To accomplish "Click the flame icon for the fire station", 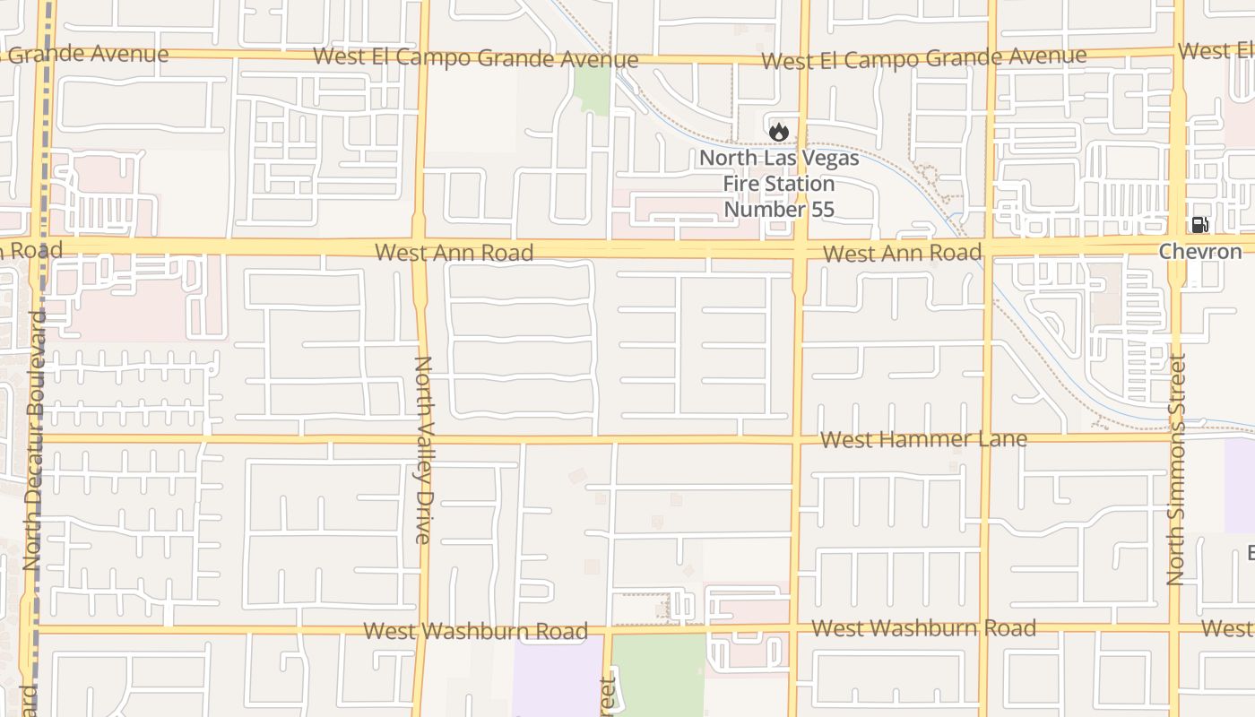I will tap(778, 132).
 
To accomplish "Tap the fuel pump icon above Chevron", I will tap(1199, 225).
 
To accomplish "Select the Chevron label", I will tap(1200, 252).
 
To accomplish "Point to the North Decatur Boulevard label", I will tap(33, 440).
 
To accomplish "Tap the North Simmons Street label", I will tap(1176, 469).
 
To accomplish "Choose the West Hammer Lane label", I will tap(923, 439).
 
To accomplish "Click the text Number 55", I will tap(778, 210).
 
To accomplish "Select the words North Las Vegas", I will tap(778, 159).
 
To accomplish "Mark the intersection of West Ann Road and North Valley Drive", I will tap(420, 247).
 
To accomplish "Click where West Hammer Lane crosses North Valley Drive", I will tap(422, 439).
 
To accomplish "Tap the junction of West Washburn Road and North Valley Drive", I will tap(422, 630).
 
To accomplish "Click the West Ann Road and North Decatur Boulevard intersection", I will tap(39, 247).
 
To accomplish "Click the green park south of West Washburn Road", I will tap(659, 674).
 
